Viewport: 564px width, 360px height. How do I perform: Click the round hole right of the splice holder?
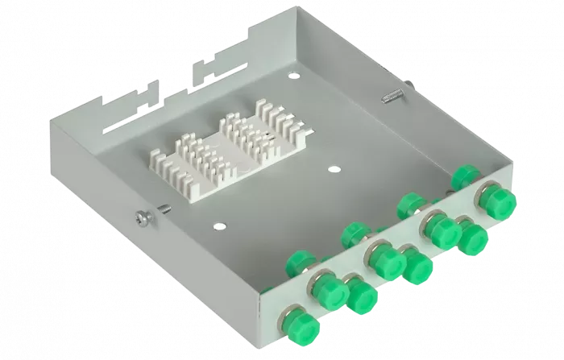click(333, 170)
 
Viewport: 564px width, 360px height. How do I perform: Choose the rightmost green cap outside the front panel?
click(493, 197)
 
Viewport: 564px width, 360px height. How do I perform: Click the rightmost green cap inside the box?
click(466, 175)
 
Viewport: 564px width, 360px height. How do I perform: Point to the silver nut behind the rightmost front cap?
click(484, 190)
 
